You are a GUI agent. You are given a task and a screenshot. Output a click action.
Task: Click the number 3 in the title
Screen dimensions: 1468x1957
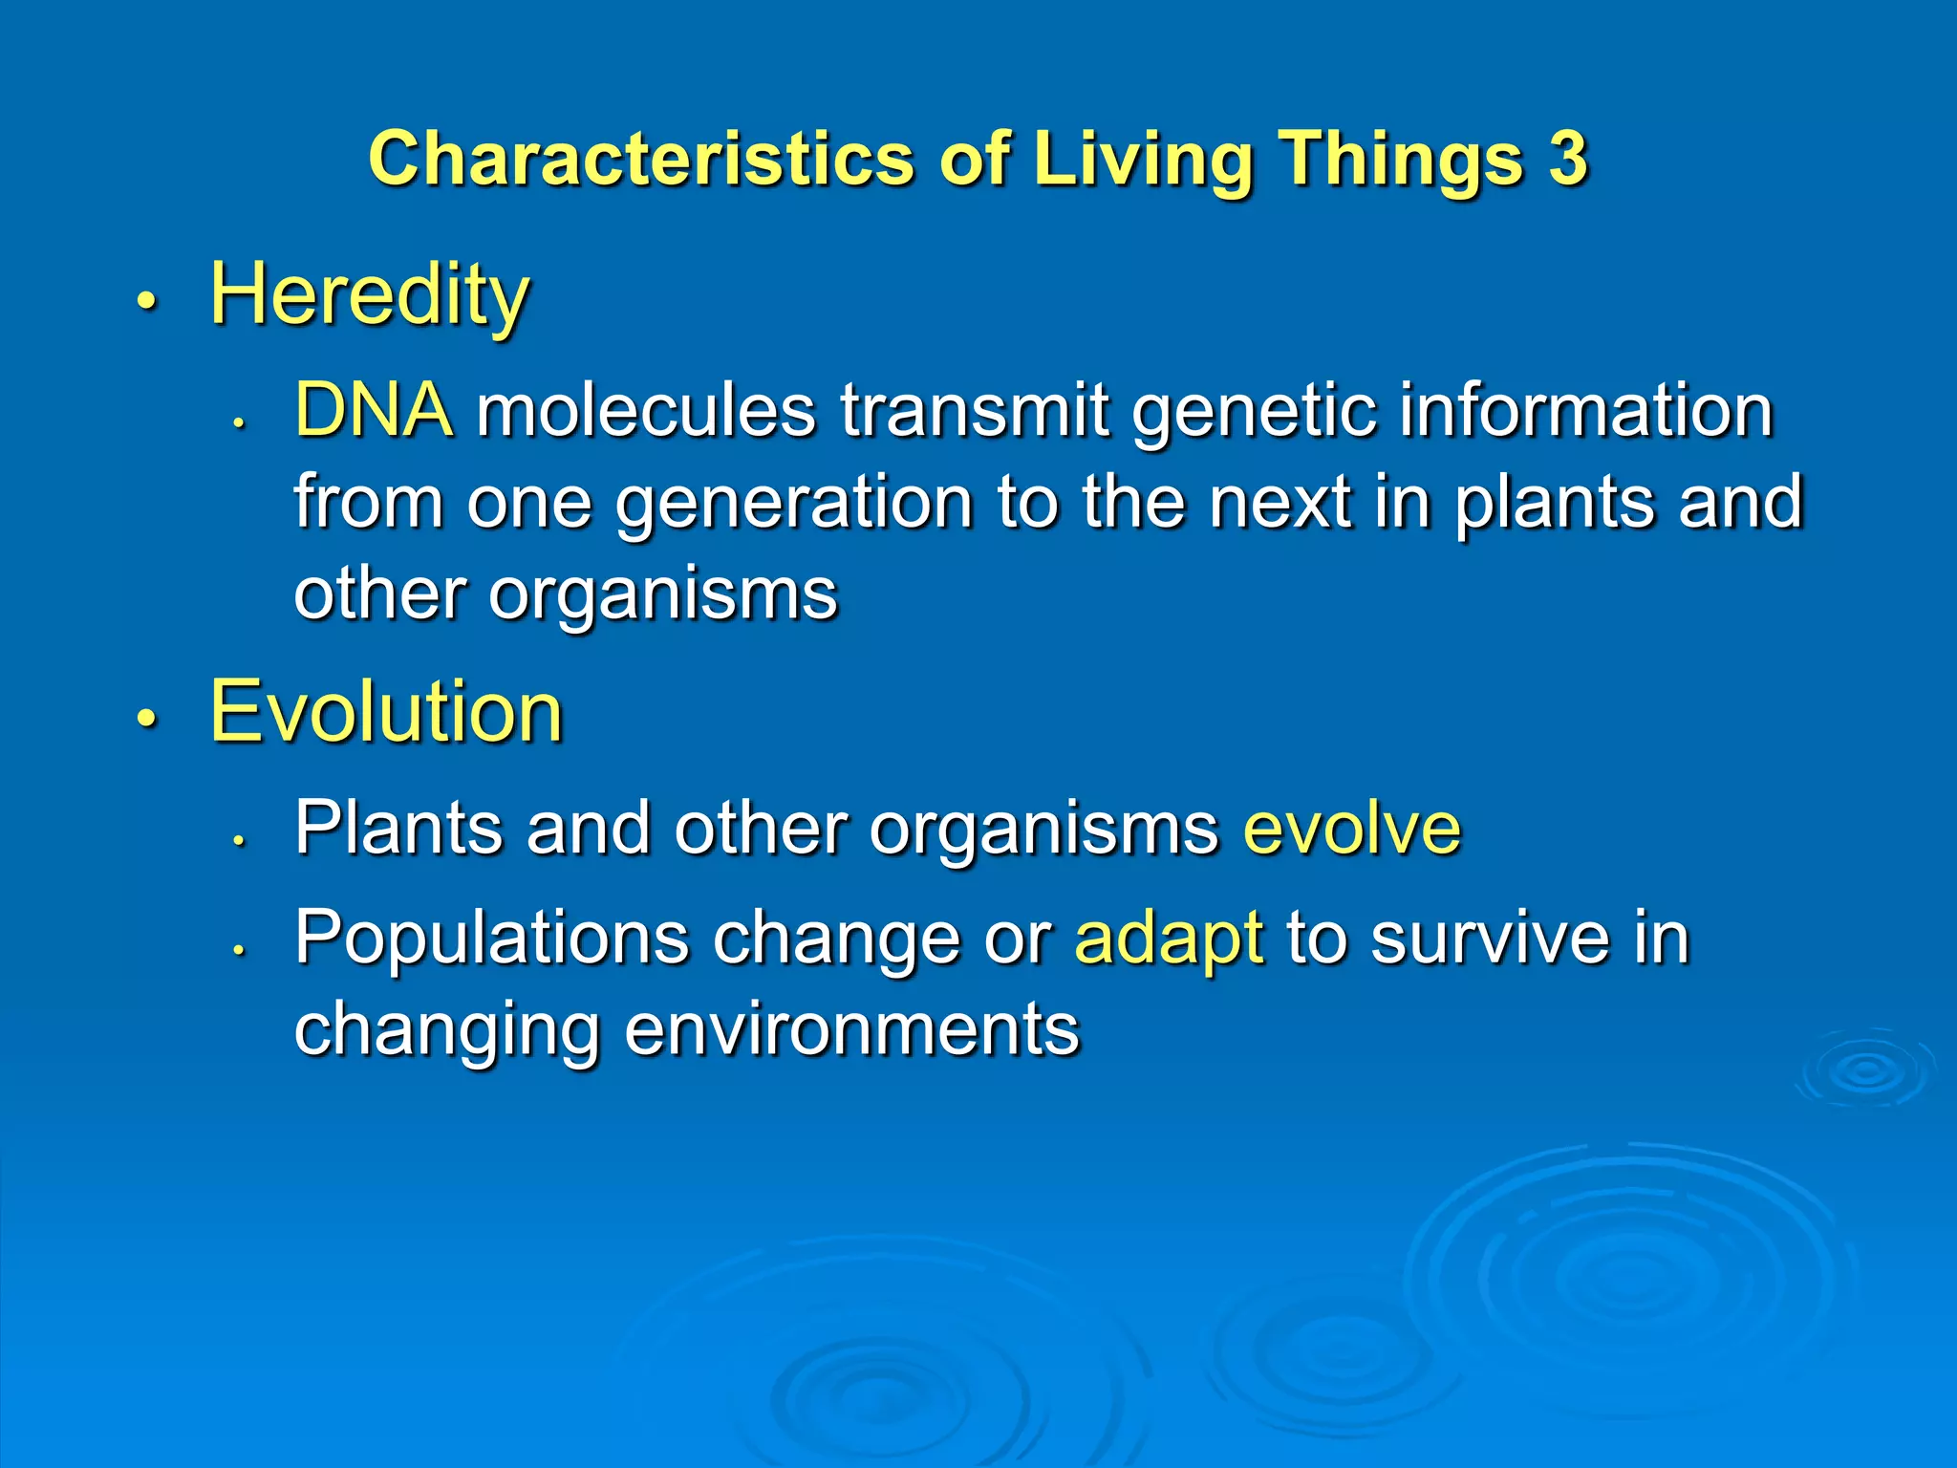[1567, 158]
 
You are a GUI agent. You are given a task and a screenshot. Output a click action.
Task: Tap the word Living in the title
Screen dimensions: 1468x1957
[1143, 160]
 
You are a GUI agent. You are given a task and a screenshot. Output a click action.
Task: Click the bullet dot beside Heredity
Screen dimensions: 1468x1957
[145, 302]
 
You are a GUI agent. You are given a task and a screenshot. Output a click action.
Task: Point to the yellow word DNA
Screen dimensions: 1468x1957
[374, 409]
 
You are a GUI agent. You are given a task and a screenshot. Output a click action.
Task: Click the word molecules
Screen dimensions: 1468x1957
[646, 410]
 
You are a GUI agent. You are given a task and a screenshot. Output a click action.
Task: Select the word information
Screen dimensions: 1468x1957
[1587, 410]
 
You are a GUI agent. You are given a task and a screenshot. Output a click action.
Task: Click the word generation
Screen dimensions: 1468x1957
[793, 504]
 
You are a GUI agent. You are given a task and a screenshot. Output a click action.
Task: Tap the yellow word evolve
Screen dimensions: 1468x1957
[1352, 828]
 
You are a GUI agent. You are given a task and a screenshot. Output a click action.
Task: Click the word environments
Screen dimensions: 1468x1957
[851, 1030]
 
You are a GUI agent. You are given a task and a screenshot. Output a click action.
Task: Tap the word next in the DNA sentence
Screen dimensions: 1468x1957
[1280, 503]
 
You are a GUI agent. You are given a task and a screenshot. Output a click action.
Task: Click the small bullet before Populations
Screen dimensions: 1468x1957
[240, 949]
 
